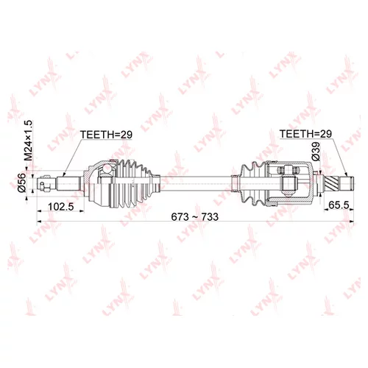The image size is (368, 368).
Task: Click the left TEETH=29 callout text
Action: [x=106, y=135]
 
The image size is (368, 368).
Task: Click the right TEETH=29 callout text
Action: [x=305, y=134]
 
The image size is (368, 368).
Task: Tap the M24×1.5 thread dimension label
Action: [x=29, y=141]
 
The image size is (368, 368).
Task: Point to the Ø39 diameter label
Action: [x=316, y=152]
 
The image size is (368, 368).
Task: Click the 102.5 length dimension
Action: [x=61, y=207]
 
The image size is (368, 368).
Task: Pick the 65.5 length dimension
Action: [x=339, y=205]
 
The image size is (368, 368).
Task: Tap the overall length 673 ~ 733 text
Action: [x=194, y=217]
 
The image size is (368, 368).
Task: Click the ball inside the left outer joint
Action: [x=107, y=169]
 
